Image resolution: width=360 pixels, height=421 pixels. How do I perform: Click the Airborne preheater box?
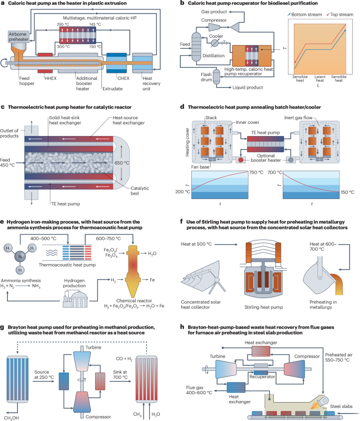pyautogui.click(x=19, y=37)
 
